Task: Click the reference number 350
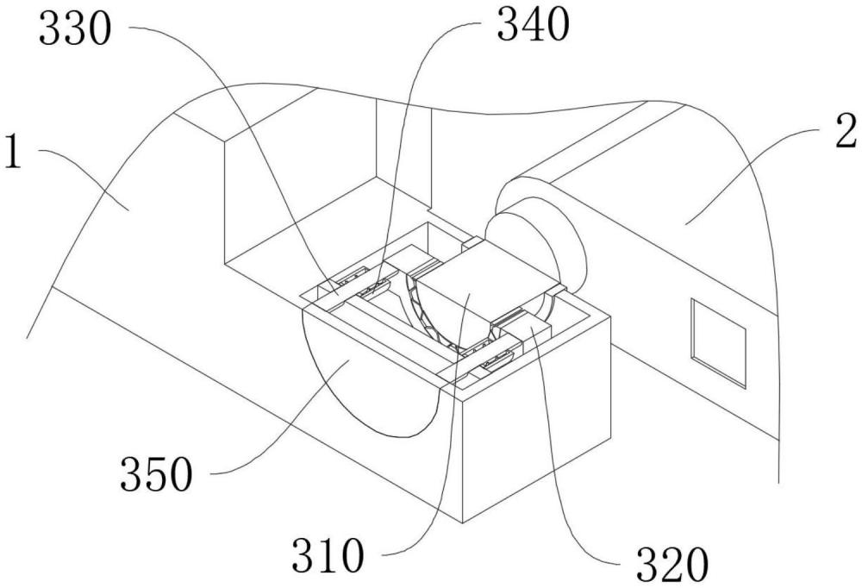coord(157,474)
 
